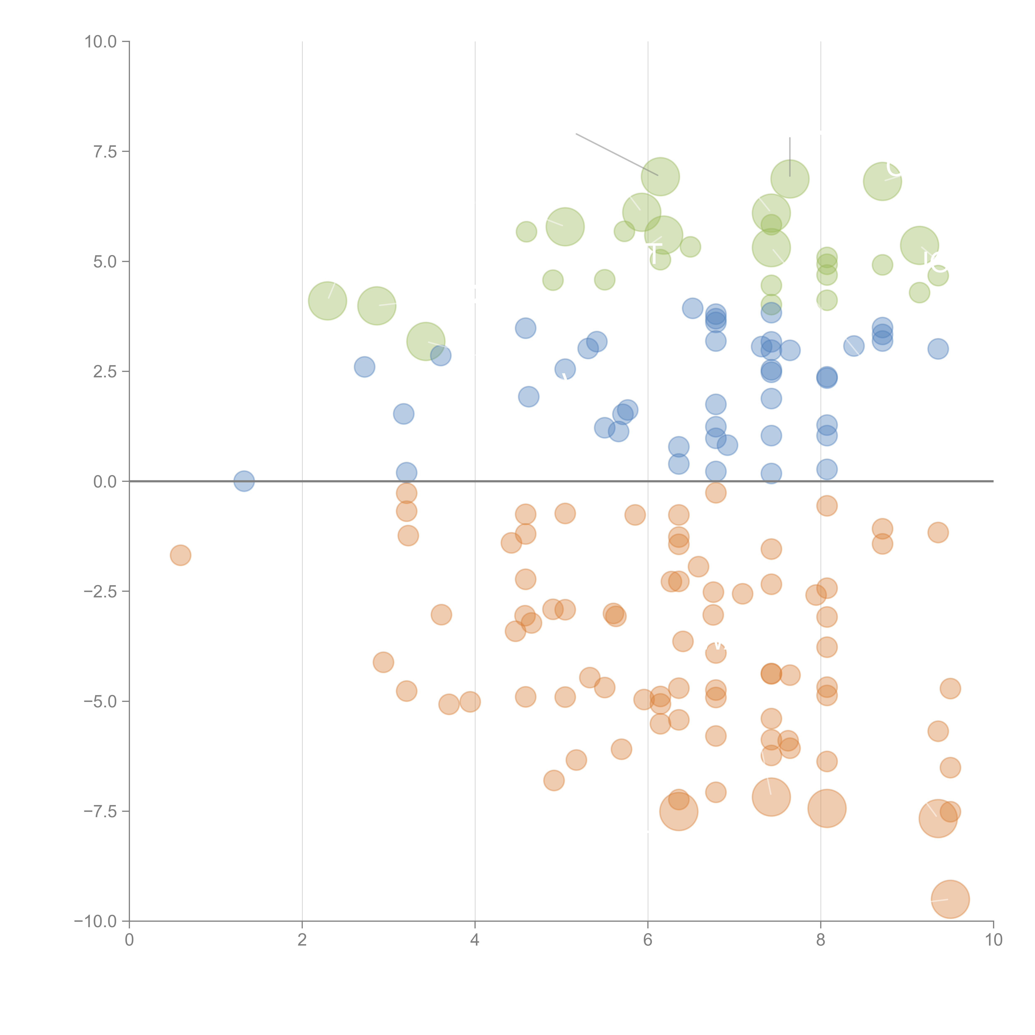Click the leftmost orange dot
[181, 555]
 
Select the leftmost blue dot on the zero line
[244, 481]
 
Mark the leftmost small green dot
[526, 231]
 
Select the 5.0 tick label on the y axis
[105, 261]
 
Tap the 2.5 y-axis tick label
[105, 371]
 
